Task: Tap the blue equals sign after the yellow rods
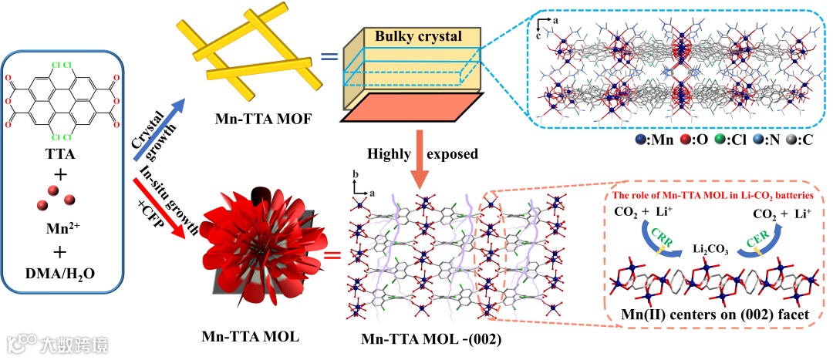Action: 329,56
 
